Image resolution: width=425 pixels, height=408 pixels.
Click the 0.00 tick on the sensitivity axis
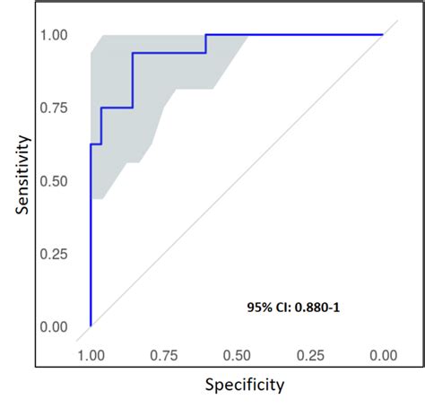[x=56, y=326]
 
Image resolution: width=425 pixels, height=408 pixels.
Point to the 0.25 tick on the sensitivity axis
[x=56, y=254]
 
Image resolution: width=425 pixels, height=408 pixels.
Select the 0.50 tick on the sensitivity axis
[x=56, y=181]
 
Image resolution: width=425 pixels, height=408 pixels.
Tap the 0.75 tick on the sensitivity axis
[x=56, y=108]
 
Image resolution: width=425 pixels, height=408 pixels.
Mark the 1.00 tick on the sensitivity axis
[x=56, y=35]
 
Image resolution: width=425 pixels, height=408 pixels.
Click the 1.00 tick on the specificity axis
[x=91, y=355]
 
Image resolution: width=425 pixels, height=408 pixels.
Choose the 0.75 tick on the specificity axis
[x=163, y=355]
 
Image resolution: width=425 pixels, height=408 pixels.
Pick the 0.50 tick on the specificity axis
[x=237, y=355]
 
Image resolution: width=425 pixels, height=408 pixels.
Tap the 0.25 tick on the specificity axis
[x=310, y=355]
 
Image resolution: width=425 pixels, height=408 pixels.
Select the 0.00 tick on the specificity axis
[x=383, y=355]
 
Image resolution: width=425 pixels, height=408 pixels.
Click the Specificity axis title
[x=244, y=386]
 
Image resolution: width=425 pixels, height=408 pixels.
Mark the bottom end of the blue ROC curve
[x=91, y=326]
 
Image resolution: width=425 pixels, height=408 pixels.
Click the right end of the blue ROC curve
[x=383, y=35]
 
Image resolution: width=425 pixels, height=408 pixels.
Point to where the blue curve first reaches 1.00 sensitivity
[x=206, y=35]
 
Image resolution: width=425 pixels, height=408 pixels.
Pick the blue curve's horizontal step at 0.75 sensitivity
[x=117, y=108]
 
